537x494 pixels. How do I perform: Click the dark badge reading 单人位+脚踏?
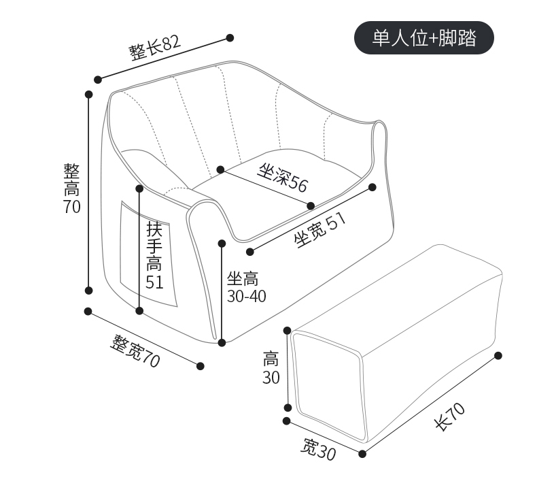tap(424, 37)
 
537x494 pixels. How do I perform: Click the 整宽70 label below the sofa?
tap(135, 351)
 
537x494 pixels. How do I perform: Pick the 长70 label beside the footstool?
tap(450, 416)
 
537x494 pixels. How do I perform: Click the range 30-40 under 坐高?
tap(246, 296)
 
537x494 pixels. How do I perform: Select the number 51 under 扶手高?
tap(154, 282)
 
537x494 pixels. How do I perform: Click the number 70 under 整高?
tap(72, 206)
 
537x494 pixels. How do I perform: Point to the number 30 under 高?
tap(271, 378)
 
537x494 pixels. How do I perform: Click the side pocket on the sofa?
tap(148, 254)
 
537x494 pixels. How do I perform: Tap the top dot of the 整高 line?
tap(89, 95)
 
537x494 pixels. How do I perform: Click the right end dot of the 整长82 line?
tap(230, 37)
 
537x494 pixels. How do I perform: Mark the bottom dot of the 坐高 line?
tap(222, 342)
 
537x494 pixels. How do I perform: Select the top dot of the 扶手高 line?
tap(139, 188)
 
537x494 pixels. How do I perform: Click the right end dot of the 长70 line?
tap(498, 355)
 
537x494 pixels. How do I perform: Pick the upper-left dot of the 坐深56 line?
tap(220, 169)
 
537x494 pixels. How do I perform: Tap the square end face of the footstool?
tap(328, 386)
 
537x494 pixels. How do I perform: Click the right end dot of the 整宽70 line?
tap(201, 366)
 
